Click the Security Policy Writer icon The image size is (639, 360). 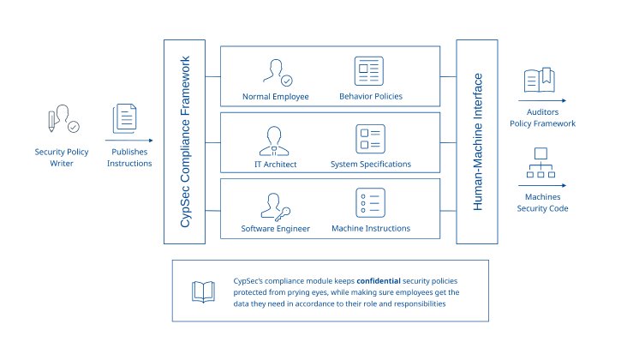point(61,123)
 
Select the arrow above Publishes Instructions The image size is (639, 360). point(128,140)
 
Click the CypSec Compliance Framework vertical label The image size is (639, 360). point(186,141)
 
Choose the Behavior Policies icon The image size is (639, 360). point(369,71)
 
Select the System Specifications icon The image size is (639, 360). point(369,138)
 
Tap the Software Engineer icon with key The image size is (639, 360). point(276,205)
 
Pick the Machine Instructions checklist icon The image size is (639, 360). point(369,203)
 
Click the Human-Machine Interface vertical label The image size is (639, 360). point(478,141)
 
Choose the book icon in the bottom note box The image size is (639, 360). point(203,292)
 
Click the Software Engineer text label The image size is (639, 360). point(276,229)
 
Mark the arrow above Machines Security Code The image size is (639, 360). point(540,184)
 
